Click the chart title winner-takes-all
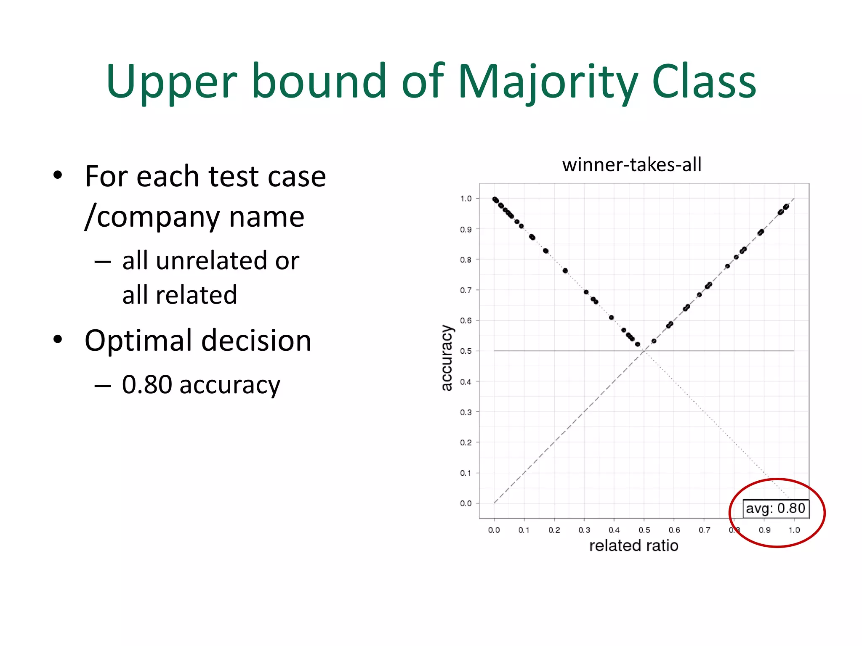coord(632,164)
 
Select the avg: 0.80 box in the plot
coord(775,508)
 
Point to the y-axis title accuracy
coord(446,358)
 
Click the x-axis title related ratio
coord(633,546)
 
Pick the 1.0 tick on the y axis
coord(466,199)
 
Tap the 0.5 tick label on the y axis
coord(466,351)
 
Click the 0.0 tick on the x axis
coord(494,530)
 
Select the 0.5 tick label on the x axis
coord(644,530)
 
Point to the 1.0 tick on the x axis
coord(794,530)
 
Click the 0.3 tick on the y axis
coord(466,412)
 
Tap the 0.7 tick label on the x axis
coord(704,530)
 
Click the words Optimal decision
coord(198,340)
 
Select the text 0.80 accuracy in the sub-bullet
coord(201,384)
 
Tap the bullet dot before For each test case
coord(58,175)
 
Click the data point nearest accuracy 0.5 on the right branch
coord(654,341)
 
